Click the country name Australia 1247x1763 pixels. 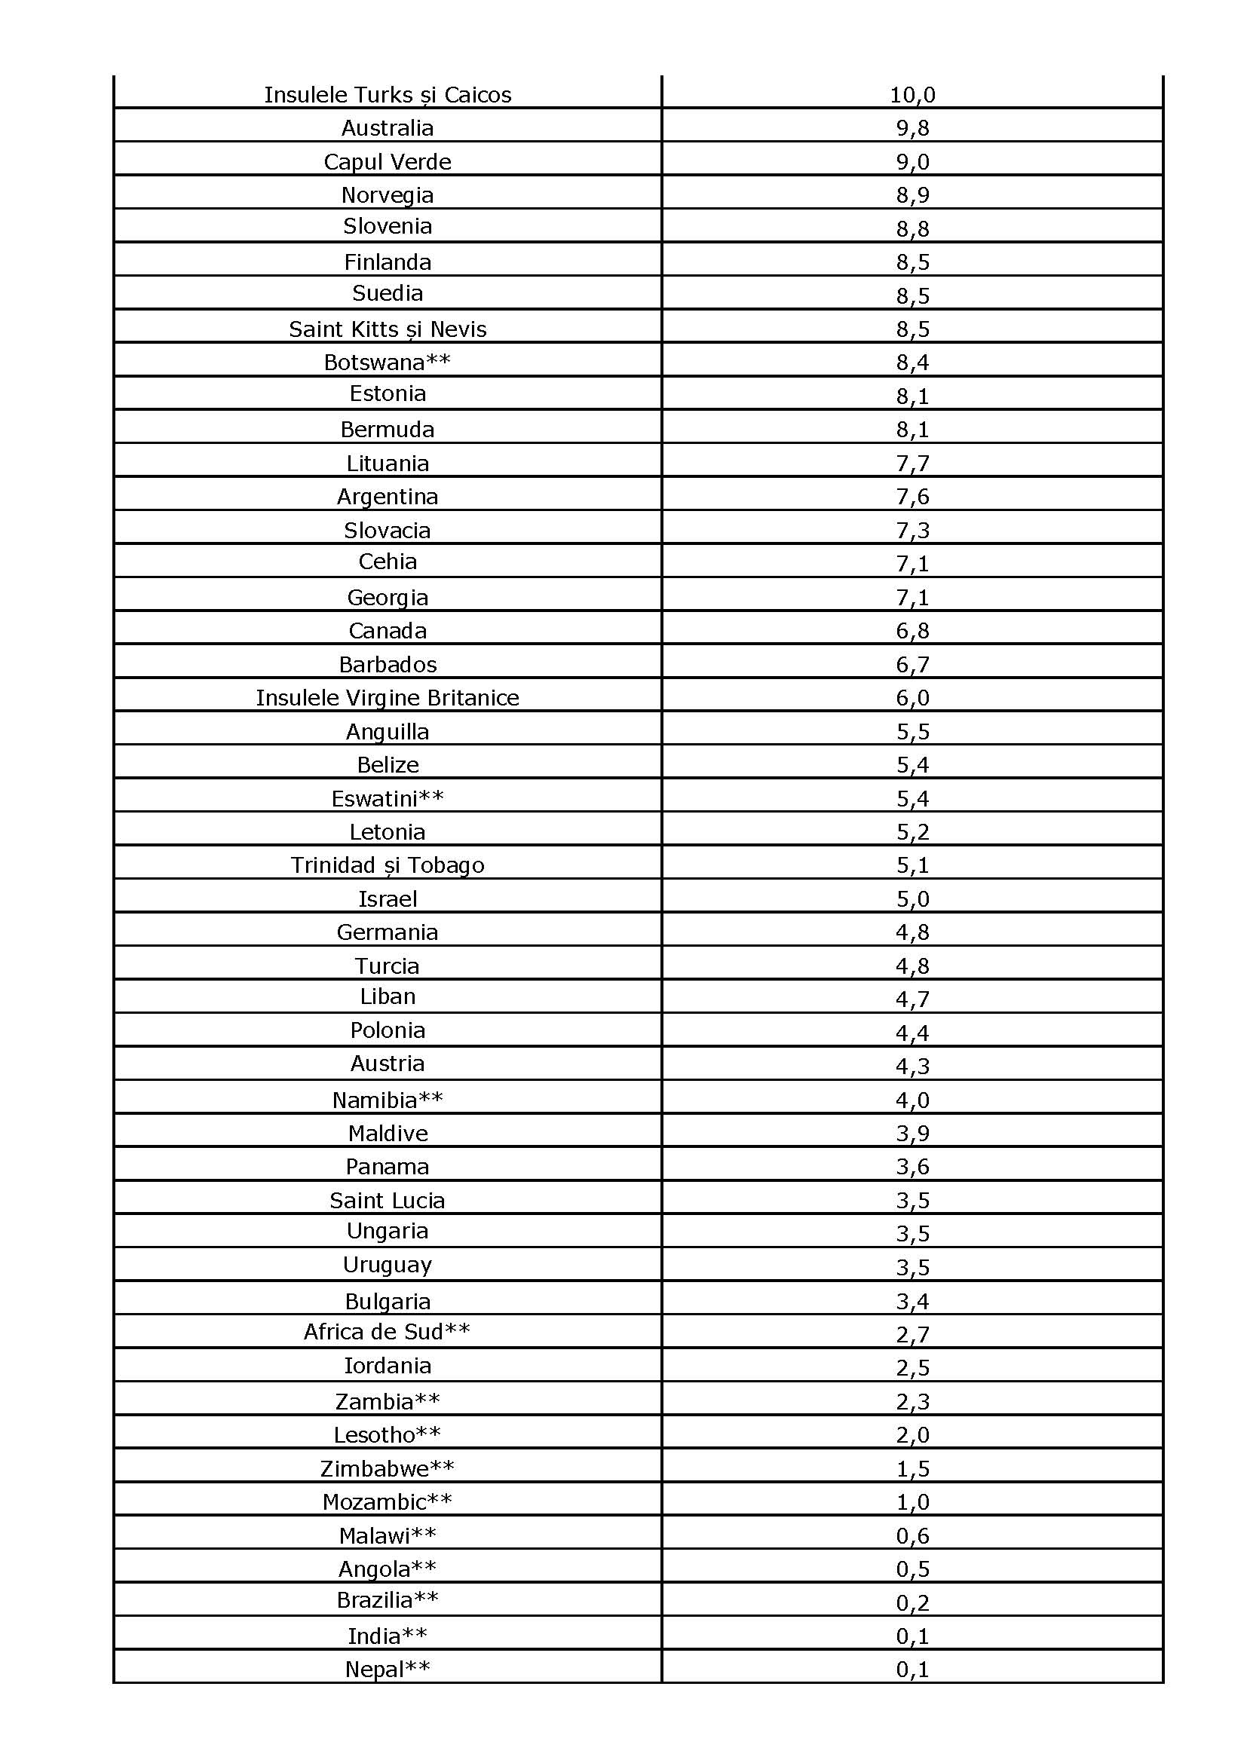[x=387, y=127]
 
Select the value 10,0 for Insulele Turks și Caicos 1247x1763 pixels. [x=912, y=94]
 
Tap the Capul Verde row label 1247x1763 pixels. [x=387, y=161]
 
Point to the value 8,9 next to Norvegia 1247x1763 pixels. [x=912, y=195]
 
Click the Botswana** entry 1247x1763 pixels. [x=387, y=362]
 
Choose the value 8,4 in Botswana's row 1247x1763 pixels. [x=912, y=362]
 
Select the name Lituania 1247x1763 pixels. [x=387, y=463]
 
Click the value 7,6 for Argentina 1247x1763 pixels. [x=912, y=497]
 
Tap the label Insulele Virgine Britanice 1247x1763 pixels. [x=387, y=697]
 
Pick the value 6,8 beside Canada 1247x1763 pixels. [x=912, y=630]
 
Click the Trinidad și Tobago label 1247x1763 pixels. [x=387, y=865]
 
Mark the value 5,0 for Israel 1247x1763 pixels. [x=912, y=898]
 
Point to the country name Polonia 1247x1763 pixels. [x=387, y=1030]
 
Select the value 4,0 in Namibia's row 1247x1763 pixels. [x=912, y=1100]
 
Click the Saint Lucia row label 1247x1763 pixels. [x=387, y=1200]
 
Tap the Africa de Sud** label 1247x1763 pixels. [x=387, y=1331]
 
